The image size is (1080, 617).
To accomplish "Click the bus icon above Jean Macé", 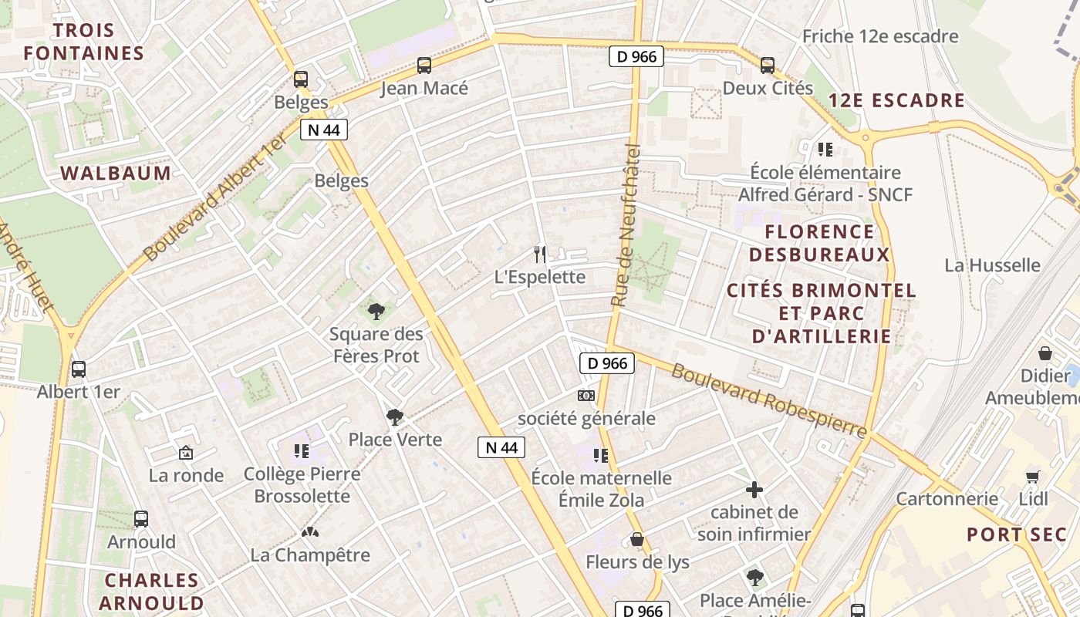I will pos(424,66).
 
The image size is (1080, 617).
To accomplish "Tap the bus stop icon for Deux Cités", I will pos(767,66).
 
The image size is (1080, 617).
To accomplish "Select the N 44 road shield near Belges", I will pos(324,130).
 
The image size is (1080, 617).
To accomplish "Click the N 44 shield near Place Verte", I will pos(501,447).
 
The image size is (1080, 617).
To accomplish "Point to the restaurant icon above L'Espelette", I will pos(540,254).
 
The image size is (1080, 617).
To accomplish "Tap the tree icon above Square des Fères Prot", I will pos(376,312).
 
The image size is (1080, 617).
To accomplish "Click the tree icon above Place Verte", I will pos(394,417).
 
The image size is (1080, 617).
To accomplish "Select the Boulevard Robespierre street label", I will pos(768,400).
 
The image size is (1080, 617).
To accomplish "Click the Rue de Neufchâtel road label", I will pos(626,225).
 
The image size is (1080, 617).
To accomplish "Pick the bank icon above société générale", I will pos(586,396).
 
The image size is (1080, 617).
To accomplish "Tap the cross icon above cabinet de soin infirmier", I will pos(754,490).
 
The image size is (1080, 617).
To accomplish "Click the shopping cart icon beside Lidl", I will pos(1033,477).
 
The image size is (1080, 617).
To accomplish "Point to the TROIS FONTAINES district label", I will pos(83,42).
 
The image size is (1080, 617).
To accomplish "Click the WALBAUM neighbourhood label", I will pos(116,173).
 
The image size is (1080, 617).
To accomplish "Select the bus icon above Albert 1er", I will pos(78,369).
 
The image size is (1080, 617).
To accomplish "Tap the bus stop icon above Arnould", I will pos(140,519).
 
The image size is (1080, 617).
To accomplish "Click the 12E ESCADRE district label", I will pos(896,100).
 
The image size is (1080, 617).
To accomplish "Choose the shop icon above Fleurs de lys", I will pos(637,538).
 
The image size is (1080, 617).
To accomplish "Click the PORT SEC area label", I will pos(1017,534).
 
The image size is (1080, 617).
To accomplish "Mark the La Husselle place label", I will pos(992,265).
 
